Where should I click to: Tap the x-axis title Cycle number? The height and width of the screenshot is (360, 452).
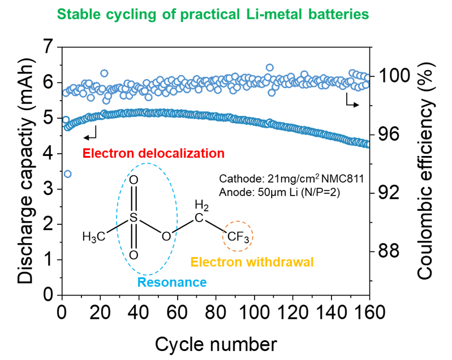pos(216,343)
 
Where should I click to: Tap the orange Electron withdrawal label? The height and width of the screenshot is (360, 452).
pos(252,262)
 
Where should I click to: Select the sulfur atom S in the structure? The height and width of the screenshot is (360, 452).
pos(134,217)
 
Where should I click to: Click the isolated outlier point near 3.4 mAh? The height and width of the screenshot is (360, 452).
pos(67,174)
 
